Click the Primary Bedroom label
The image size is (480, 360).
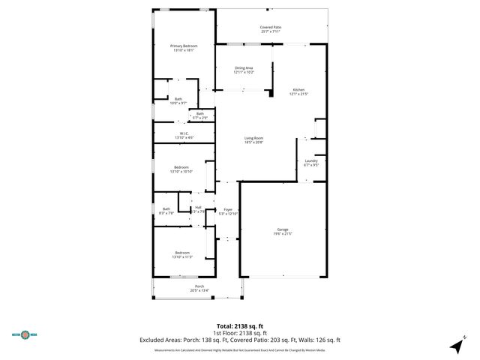[184, 48]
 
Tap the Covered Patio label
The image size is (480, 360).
[271, 28]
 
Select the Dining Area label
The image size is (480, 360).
[244, 70]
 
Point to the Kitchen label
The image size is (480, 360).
[299, 91]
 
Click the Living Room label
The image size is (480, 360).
[253, 139]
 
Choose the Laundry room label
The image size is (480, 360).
[310, 163]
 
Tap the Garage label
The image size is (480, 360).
[282, 231]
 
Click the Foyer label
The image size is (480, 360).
[227, 212]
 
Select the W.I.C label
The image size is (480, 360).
[184, 135]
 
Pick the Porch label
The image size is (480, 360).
[199, 288]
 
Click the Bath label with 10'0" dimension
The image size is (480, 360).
[178, 100]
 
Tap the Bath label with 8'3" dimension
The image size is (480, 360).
[166, 211]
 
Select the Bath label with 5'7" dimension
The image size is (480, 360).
[200, 115]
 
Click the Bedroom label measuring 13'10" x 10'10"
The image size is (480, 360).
[181, 169]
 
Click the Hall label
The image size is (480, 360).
[198, 209]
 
